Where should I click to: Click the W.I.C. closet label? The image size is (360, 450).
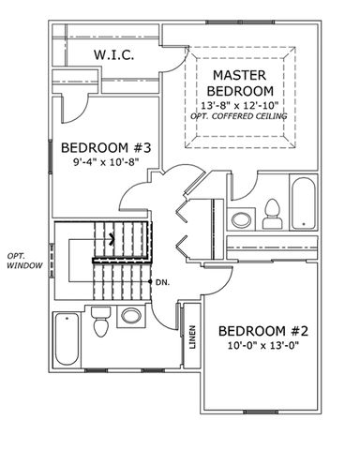114,55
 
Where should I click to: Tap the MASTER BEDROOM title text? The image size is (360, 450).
240,82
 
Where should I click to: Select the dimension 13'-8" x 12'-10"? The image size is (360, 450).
239,104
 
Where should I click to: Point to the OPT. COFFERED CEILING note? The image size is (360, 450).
239,116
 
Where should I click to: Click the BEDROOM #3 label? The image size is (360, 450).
106,147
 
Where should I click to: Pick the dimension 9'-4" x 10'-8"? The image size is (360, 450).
106,162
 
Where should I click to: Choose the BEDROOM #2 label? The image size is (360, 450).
263,331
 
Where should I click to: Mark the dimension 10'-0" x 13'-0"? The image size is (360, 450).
263,346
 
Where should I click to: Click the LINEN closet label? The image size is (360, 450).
192,337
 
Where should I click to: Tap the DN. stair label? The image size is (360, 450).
162,282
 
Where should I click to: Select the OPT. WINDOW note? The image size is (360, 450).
24,261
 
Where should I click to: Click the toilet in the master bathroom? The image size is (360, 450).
273,214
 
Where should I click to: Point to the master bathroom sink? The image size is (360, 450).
241,219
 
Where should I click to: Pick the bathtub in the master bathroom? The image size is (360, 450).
303,203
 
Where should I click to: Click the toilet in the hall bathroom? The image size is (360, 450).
100,322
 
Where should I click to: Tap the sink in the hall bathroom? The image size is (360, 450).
131,316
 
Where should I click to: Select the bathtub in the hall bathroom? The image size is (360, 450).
67,339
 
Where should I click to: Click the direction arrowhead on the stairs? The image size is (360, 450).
112,239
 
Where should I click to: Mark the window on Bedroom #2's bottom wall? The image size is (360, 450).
261,412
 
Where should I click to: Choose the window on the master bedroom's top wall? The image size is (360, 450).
240,22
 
